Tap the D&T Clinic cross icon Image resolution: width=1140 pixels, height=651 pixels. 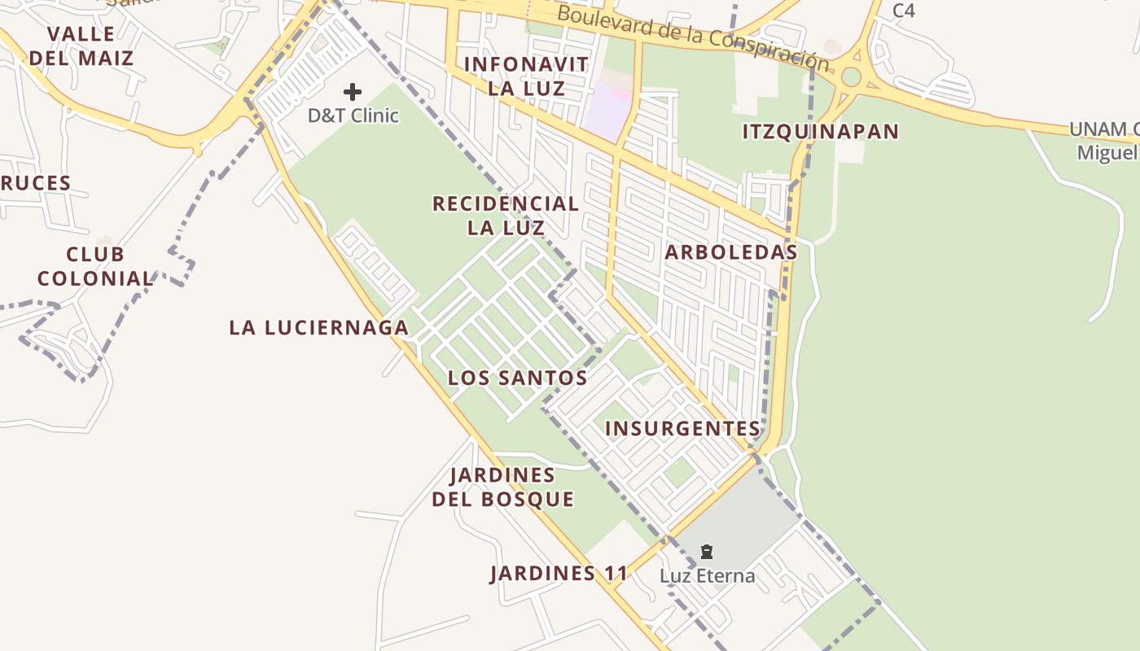pyautogui.click(x=353, y=92)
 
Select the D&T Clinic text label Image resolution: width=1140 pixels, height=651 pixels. pyautogui.click(x=353, y=116)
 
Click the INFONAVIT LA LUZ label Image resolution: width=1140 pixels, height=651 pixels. pyautogui.click(x=526, y=76)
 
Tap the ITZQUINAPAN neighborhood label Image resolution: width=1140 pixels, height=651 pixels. pyautogui.click(x=820, y=132)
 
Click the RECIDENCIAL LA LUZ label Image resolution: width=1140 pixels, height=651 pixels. pyautogui.click(x=506, y=216)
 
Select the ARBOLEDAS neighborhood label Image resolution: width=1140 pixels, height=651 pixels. pyautogui.click(x=730, y=252)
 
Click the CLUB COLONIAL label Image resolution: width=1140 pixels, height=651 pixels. pyautogui.click(x=95, y=267)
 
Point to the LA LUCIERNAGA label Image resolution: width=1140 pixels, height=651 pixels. pyautogui.click(x=318, y=328)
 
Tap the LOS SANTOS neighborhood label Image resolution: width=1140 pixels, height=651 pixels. pyautogui.click(x=517, y=378)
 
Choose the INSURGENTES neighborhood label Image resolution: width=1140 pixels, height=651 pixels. pyautogui.click(x=682, y=429)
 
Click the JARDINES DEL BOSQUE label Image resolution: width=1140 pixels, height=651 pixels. pyautogui.click(x=502, y=487)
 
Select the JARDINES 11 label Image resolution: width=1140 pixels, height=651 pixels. pyautogui.click(x=559, y=574)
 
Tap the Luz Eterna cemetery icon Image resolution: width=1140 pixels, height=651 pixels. pyautogui.click(x=707, y=553)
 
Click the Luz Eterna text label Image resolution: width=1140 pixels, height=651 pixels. pyautogui.click(x=707, y=576)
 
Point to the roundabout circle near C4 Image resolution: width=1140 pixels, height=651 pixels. pyautogui.click(x=851, y=76)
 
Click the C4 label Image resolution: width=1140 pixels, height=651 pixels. pyautogui.click(x=903, y=11)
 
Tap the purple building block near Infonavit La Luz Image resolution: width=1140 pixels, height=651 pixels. pyautogui.click(x=607, y=110)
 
